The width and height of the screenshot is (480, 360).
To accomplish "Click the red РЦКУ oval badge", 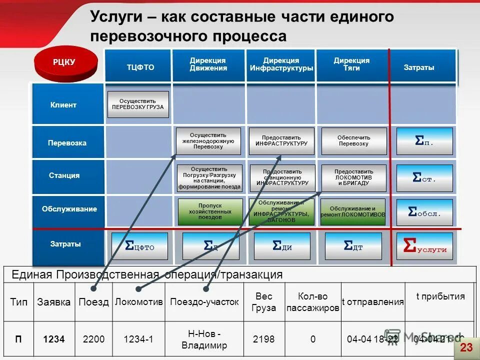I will pyautogui.click(x=64, y=62).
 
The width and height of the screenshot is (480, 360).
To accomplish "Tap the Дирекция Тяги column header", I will pyautogui.click(x=351, y=64).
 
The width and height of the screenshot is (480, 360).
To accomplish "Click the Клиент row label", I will pyautogui.click(x=63, y=105).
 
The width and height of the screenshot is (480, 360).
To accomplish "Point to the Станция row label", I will pyautogui.click(x=64, y=175).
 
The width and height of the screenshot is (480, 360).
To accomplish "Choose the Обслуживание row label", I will pyautogui.click(x=69, y=209).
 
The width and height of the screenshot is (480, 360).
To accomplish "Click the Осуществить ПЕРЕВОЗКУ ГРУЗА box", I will pyautogui.click(x=138, y=104).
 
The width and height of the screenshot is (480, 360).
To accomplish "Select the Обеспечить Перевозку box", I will pyautogui.click(x=353, y=140).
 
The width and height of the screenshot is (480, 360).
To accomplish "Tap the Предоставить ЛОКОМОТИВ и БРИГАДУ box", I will pyautogui.click(x=353, y=177).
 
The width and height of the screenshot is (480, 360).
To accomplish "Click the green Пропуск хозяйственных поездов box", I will pyautogui.click(x=209, y=211).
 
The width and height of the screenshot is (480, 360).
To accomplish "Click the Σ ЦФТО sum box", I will pyautogui.click(x=139, y=246).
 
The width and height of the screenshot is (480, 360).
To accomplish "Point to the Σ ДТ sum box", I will pyautogui.click(x=353, y=246).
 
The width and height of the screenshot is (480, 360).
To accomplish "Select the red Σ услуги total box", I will pyautogui.click(x=424, y=246).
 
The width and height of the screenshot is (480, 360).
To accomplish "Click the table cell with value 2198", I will pyautogui.click(x=263, y=339).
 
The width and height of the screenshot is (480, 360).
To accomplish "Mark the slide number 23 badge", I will pyautogui.click(x=466, y=347).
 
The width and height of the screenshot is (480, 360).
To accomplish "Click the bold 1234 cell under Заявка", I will pyautogui.click(x=54, y=339).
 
